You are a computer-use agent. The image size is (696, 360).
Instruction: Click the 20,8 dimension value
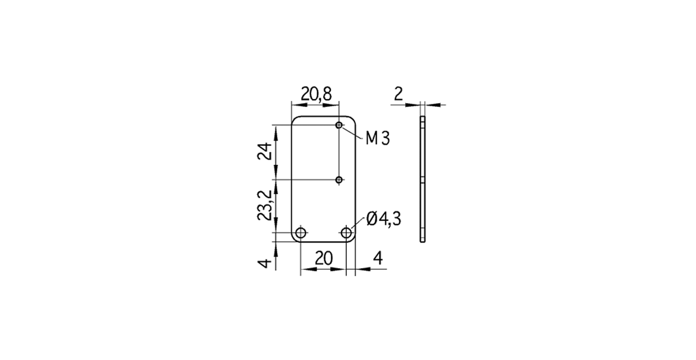[x=317, y=94]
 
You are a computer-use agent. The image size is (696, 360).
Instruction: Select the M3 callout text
[x=377, y=139]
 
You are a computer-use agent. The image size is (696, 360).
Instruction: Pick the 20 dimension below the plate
[x=324, y=258]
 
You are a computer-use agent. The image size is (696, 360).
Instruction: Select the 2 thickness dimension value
[x=398, y=94]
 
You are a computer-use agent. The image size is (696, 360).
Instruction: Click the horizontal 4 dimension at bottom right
[x=377, y=258]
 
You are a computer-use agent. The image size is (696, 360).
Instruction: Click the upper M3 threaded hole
[x=338, y=125]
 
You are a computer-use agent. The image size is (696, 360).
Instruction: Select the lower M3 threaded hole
[x=338, y=180]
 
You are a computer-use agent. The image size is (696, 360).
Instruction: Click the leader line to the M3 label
[x=352, y=132]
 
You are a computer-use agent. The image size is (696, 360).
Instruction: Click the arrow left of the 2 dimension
[x=412, y=105]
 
